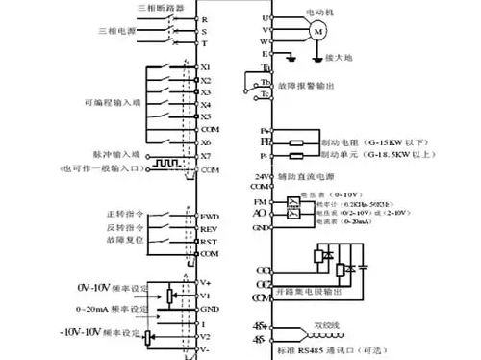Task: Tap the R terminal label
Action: click(x=204, y=19)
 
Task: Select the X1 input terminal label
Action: click(x=206, y=67)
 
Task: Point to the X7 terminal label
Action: click(x=206, y=155)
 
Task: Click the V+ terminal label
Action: click(x=206, y=282)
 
